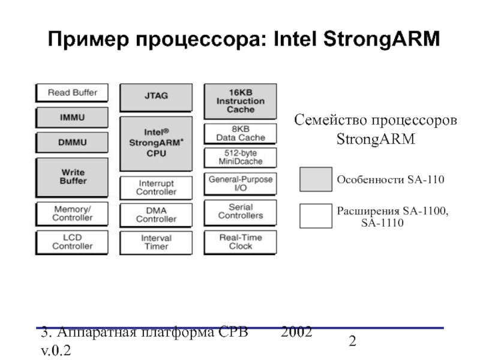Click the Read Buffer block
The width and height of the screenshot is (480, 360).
click(73, 94)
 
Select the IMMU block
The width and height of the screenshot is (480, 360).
click(73, 118)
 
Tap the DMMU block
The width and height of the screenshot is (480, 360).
click(73, 143)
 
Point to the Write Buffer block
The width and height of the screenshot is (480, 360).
click(73, 176)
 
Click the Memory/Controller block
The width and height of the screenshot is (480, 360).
click(73, 213)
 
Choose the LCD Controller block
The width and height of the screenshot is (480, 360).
click(73, 242)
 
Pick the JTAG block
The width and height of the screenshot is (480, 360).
click(156, 96)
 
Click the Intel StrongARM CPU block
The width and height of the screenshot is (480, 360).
click(156, 144)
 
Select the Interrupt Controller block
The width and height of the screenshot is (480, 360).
click(156, 187)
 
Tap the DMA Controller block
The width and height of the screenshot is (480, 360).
click(156, 215)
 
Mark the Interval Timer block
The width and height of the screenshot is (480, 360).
click(156, 242)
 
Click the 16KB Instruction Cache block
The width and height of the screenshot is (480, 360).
click(241, 101)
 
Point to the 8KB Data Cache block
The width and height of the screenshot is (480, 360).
click(241, 133)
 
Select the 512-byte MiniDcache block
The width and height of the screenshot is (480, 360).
click(241, 158)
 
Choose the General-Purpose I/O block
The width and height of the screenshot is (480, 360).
click(241, 184)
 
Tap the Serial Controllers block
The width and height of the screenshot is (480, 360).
click(241, 211)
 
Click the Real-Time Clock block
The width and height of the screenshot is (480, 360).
click(241, 242)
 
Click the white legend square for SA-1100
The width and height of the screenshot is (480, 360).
click(316, 217)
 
